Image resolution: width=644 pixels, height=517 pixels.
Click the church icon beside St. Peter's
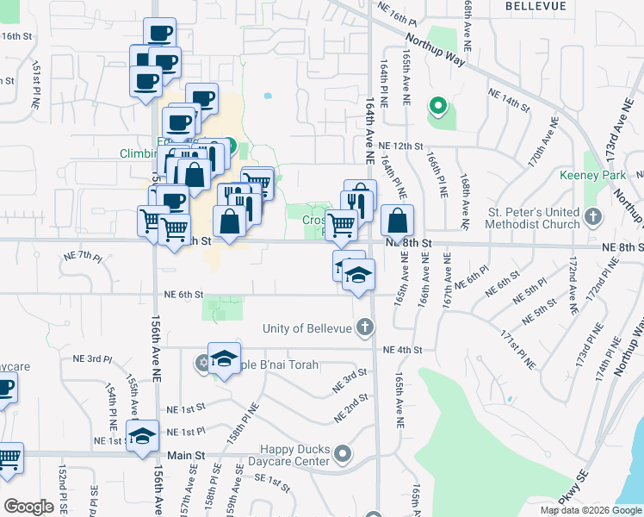tap(593, 215)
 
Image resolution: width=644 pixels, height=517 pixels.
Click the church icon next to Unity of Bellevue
tap(366, 327)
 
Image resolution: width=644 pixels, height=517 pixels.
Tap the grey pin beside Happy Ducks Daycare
tap(344, 453)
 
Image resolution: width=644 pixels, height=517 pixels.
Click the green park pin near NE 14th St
tap(438, 108)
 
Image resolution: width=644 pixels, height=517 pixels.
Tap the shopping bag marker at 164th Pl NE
tap(396, 221)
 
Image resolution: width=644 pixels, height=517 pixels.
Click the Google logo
tap(28, 506)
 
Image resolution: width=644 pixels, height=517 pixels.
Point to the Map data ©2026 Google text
tap(590, 510)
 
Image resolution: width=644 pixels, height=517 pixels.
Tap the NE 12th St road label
tap(401, 146)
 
